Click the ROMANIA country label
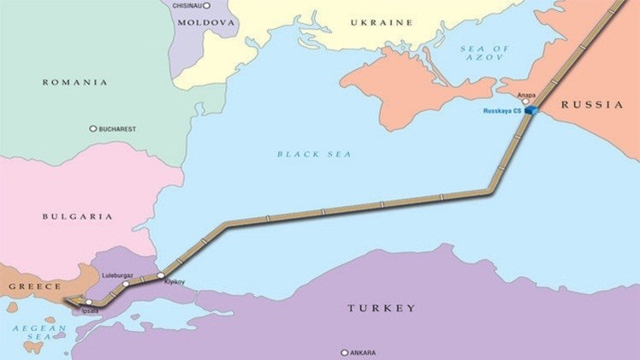coord(75,82)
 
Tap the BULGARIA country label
coord(77,216)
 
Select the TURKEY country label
coord(382,308)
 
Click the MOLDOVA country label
coord(205,23)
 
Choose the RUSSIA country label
coord(592,104)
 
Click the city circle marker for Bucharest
coord(93,128)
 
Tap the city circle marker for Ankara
coord(345,352)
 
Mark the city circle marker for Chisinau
coord(206,5)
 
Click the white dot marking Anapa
coord(525,101)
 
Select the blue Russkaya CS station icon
coord(531,110)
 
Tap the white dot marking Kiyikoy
coord(161,275)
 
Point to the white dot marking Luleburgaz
coord(126,283)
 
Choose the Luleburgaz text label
coord(117,274)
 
